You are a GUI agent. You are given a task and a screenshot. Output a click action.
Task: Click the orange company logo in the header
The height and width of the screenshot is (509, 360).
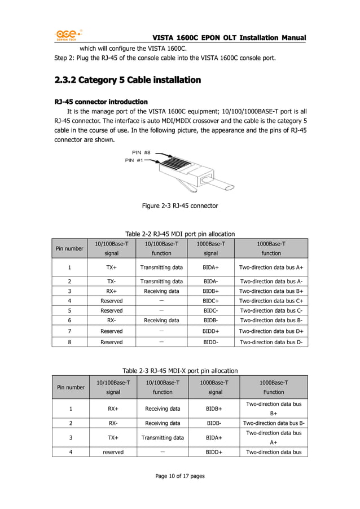68,36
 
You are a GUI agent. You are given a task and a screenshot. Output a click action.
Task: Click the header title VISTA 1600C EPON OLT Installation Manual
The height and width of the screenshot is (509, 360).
229,38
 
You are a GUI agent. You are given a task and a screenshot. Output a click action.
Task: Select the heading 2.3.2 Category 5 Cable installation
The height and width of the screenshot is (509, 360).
127,80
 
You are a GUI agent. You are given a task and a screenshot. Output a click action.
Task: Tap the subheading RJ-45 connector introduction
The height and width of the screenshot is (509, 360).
101,102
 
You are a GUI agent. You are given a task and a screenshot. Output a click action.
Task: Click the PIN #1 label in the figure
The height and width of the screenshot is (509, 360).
134,160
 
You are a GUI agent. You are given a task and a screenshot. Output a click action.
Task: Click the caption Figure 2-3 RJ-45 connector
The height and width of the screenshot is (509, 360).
179,206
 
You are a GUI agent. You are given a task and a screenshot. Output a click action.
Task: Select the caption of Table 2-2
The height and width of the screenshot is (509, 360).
179,234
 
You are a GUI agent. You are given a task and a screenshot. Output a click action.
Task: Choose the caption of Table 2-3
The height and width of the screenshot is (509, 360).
179,370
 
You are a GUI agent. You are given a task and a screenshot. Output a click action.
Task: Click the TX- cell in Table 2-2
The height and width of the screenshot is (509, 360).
112,281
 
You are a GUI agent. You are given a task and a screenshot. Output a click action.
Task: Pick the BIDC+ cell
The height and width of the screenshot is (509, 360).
210,301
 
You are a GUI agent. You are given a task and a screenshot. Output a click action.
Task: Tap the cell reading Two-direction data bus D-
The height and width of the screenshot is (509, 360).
271,341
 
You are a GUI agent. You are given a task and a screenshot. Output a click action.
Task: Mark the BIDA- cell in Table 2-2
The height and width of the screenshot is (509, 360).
210,281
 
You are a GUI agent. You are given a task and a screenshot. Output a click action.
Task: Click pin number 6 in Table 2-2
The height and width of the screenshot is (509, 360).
69,320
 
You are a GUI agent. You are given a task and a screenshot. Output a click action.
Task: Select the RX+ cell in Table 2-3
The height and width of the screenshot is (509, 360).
113,409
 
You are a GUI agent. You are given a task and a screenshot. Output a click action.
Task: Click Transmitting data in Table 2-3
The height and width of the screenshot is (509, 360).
163,437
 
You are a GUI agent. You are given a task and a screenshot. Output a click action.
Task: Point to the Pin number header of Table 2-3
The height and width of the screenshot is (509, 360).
71,387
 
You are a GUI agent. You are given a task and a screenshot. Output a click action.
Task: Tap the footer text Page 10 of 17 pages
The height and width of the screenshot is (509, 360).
179,476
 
